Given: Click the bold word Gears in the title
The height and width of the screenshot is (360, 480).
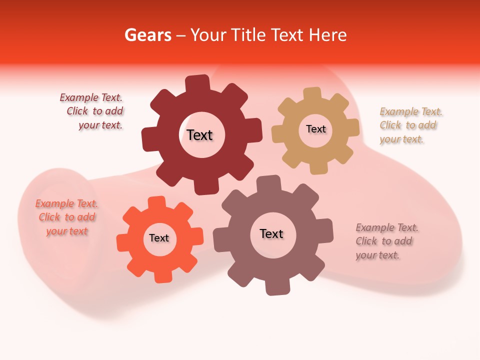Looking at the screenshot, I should click(x=147, y=35).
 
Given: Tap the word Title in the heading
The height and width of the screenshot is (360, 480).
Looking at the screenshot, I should click(x=248, y=35).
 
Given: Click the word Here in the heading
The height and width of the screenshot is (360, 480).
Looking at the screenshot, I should click(x=327, y=35).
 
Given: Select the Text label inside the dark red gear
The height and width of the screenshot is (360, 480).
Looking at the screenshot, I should click(x=199, y=135).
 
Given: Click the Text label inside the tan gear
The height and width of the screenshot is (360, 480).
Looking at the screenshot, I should click(x=315, y=129).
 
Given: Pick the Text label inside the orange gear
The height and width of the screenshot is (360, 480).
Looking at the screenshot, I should click(x=159, y=238).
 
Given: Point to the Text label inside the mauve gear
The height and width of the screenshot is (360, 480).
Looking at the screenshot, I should click(x=271, y=233).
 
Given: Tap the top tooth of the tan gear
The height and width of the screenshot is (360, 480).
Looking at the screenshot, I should click(x=312, y=94).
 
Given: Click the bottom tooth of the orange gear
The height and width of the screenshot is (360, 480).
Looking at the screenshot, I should click(x=161, y=276).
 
